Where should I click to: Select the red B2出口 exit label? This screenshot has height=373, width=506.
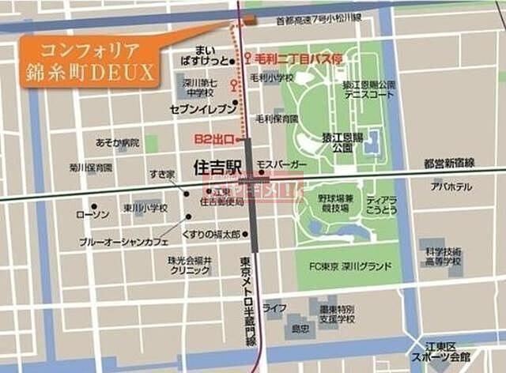[214, 139]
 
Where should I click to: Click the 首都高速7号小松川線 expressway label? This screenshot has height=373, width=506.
[318, 22]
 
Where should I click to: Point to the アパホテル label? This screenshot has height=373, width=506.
[451, 186]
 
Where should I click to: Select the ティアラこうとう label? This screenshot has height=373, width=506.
[381, 205]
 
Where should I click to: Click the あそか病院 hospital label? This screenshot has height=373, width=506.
[117, 143]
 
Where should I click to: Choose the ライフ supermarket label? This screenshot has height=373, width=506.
[274, 307]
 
